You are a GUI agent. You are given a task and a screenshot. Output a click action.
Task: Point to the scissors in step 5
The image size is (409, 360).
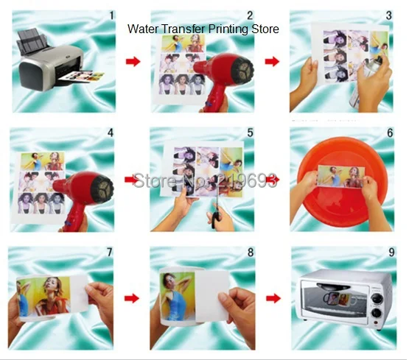(214, 210)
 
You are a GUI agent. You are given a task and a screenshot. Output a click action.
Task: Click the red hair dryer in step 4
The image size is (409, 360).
(88, 193)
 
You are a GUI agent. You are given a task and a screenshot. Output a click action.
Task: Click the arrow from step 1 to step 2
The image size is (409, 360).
(133, 61)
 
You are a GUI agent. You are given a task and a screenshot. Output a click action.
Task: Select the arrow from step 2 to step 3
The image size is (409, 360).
(273, 61)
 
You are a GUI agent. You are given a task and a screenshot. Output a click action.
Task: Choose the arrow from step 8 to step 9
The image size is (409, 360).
(273, 300)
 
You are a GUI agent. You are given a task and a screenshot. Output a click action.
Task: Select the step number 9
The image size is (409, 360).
(391, 253)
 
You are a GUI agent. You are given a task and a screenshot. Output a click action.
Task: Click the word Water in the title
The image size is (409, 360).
(144, 29)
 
